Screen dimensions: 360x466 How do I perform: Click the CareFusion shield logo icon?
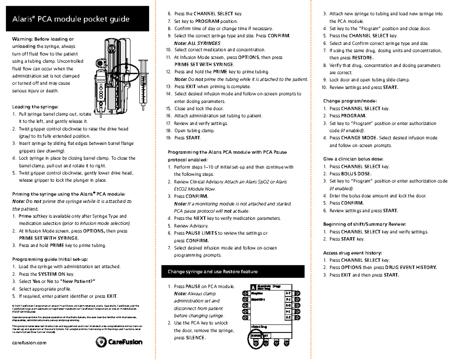coord(100,342)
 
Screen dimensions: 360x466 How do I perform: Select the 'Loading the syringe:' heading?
coord(36,106)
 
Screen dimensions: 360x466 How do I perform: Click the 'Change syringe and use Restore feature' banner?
coord(212,271)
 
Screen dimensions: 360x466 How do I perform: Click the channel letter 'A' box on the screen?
coord(253,287)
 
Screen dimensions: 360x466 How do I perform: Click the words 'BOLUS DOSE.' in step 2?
coord(356,174)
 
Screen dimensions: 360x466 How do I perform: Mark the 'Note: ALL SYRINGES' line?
coord(197,43)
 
